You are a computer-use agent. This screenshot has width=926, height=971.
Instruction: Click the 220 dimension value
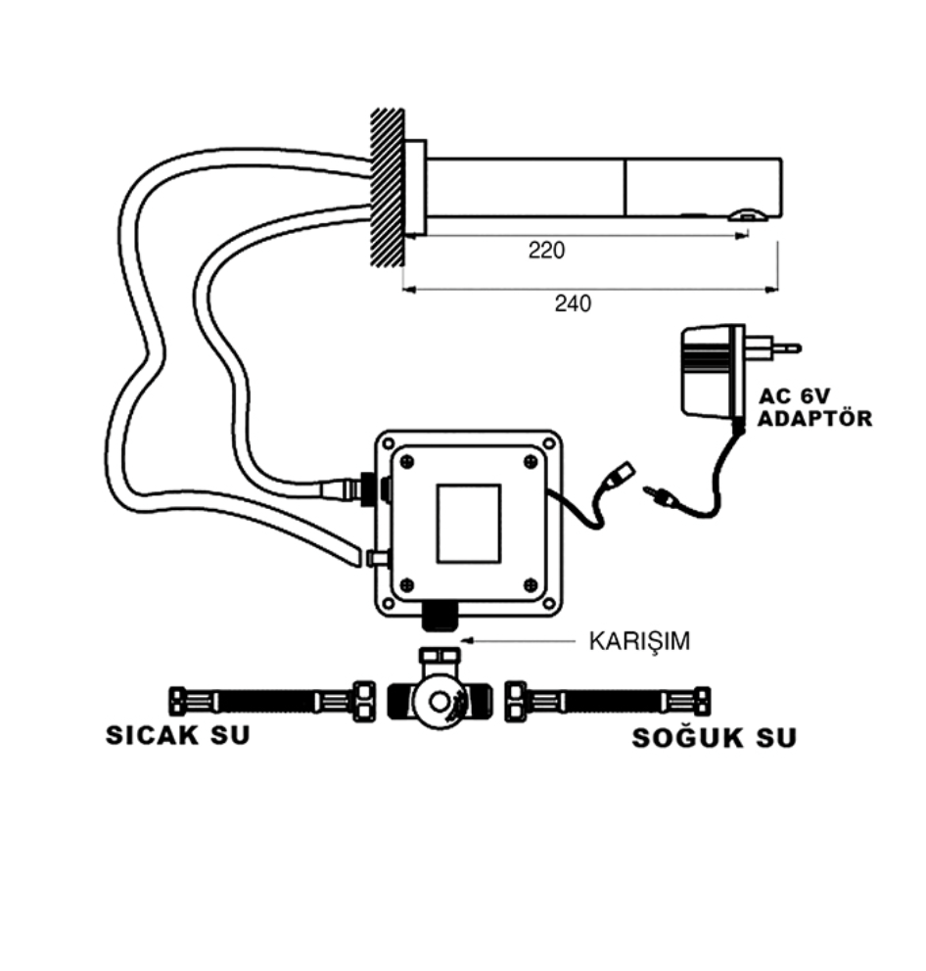[546, 251]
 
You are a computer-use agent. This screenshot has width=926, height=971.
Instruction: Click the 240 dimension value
[573, 303]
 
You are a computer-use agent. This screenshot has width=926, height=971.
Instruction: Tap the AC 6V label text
[794, 395]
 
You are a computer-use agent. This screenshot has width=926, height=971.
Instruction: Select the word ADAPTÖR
[815, 418]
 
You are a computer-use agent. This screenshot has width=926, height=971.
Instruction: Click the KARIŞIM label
[639, 641]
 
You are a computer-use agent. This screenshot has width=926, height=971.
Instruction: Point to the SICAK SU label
[178, 735]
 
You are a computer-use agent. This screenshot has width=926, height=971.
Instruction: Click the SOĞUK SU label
[714, 737]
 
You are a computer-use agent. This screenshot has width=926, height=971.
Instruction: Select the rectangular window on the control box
[468, 524]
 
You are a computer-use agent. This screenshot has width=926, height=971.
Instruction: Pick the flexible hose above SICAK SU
[272, 702]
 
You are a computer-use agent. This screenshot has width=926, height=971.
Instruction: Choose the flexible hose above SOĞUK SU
[608, 702]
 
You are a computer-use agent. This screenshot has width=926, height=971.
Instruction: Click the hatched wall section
[387, 188]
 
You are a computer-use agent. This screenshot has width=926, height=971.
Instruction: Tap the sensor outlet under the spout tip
[748, 215]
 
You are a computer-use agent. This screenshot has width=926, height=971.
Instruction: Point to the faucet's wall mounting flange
[415, 188]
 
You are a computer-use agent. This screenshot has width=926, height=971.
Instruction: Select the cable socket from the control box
[620, 473]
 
